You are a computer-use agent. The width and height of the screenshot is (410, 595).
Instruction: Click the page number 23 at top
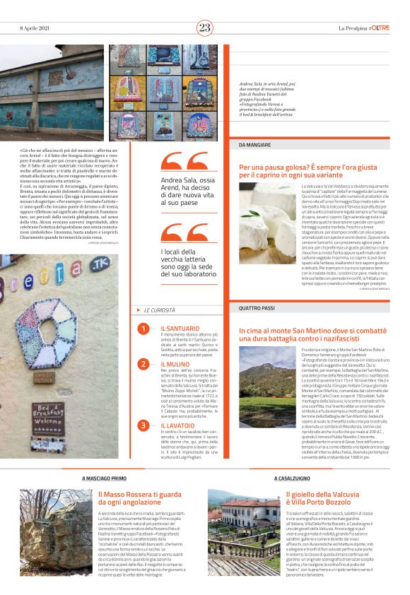coord(205,28)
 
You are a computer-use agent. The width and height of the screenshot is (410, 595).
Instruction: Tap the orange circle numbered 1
coord(143,329)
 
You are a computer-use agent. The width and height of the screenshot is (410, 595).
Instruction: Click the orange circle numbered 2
coord(143,364)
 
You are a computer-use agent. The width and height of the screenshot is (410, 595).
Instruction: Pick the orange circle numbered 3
coord(143,425)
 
